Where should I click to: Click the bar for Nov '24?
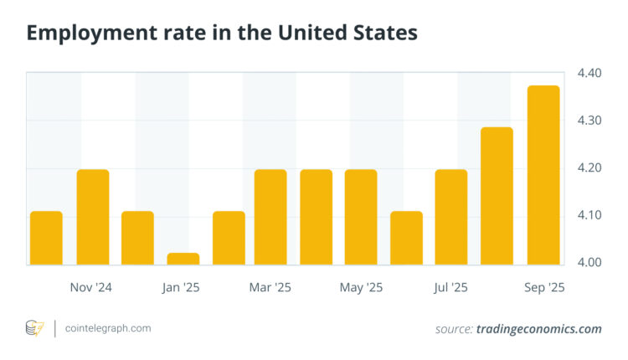93,217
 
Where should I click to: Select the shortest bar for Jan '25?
183,259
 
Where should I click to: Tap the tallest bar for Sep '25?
543,175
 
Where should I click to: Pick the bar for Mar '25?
270,217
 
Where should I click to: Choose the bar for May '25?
361,217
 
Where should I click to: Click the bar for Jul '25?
451,217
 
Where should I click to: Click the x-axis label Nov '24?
91,287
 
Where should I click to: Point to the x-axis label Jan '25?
183,287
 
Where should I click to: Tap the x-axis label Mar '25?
270,287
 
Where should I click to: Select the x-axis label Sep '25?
544,287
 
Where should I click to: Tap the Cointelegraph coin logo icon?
34,328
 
